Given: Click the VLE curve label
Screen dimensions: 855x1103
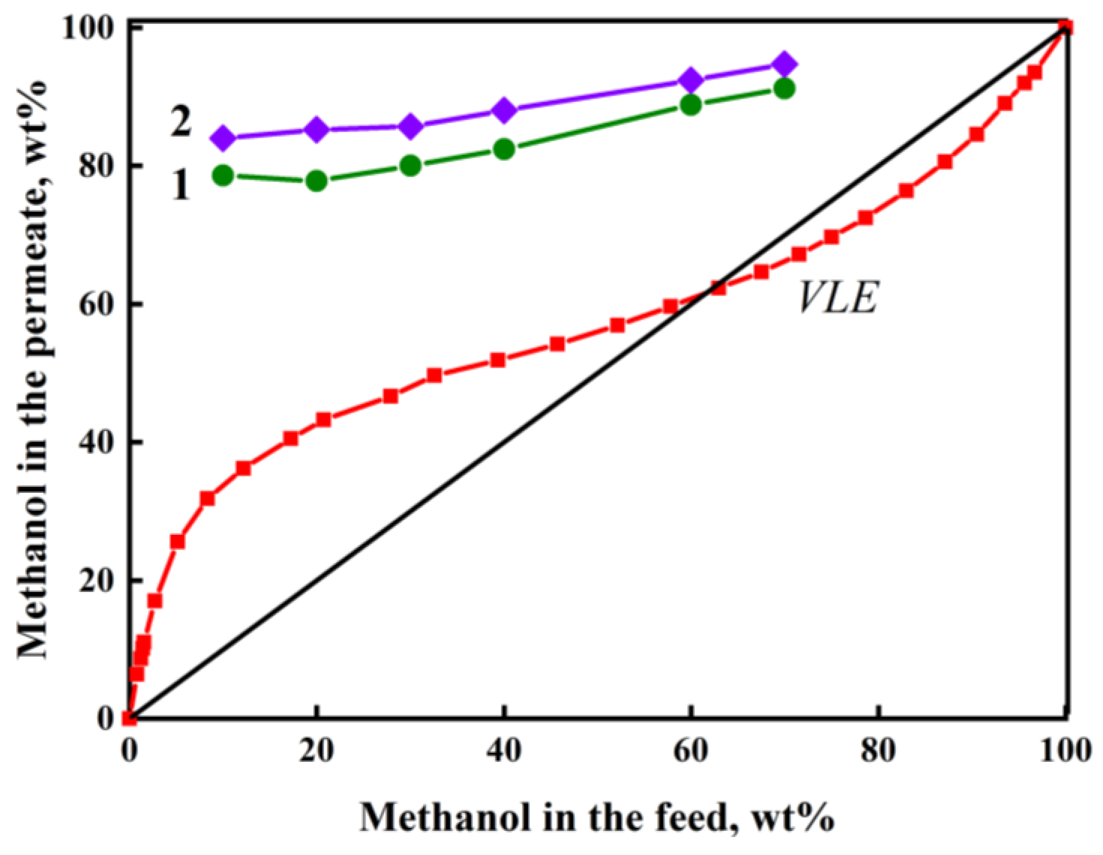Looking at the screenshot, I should (838, 298).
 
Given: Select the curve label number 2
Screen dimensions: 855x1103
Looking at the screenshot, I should (180, 123).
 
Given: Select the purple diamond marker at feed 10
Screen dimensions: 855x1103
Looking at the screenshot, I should (223, 138).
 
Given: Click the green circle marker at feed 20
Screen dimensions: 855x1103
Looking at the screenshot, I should (316, 181).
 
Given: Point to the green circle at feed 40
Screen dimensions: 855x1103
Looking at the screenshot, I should (504, 149).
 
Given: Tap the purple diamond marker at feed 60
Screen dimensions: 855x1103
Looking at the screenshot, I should (691, 81).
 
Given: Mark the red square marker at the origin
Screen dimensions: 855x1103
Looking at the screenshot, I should (130, 718).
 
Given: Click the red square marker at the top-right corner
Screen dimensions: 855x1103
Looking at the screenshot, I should (1065, 28).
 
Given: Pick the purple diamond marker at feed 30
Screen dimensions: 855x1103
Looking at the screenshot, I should (410, 127).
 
